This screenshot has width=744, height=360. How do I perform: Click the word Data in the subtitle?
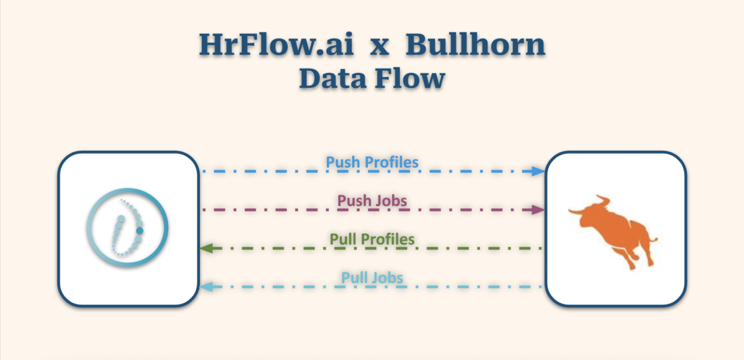pyautogui.click(x=334, y=78)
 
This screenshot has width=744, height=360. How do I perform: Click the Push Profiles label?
pyautogui.click(x=372, y=161)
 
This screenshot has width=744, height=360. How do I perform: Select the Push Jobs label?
pyautogui.click(x=372, y=200)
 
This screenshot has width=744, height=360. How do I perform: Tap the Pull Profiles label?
pyautogui.click(x=372, y=238)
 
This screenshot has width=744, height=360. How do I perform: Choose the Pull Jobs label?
pyautogui.click(x=372, y=277)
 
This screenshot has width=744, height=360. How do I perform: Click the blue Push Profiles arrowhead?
pyautogui.click(x=539, y=171)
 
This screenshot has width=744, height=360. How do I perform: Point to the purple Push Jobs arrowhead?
pyautogui.click(x=539, y=210)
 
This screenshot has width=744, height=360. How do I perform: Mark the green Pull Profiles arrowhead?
pyautogui.click(x=206, y=248)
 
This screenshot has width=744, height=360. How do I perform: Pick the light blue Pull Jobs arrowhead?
pyautogui.click(x=206, y=287)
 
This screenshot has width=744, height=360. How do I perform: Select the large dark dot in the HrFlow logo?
pyautogui.click(x=139, y=230)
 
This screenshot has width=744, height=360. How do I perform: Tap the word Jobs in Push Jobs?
pyautogui.click(x=391, y=200)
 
